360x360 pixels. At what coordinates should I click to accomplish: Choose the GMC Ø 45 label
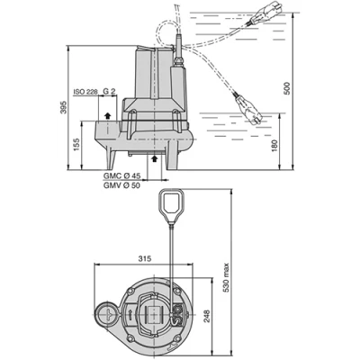pyautogui.click(x=123, y=175)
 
